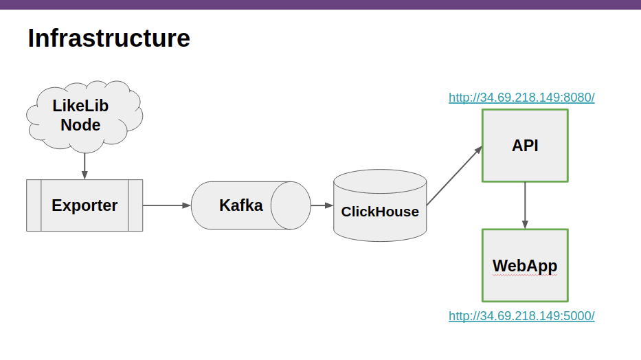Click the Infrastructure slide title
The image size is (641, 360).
coord(109,38)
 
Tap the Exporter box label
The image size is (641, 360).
coord(85,205)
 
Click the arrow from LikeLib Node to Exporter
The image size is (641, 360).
coord(85,166)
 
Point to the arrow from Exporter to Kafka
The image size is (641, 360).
coord(167,205)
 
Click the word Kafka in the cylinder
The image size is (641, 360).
coord(240,205)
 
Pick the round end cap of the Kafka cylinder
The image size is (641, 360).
coord(291,205)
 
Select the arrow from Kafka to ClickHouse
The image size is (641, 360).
coord(322,205)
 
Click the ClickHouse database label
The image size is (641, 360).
coord(380,212)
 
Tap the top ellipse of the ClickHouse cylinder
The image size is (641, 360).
coord(380,181)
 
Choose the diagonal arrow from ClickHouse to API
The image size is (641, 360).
coord(455,175)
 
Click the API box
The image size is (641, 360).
coord(526,146)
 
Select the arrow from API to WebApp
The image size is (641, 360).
coord(525,205)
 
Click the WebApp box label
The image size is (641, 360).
coord(525,266)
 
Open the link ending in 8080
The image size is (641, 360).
coord(521,98)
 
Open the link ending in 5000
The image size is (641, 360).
coord(521,316)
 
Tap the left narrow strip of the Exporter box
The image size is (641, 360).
coord(34,205)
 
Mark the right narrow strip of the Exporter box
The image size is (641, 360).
coord(135,205)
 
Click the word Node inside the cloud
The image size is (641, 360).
coord(80,125)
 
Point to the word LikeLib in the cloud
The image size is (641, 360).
coord(80,106)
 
